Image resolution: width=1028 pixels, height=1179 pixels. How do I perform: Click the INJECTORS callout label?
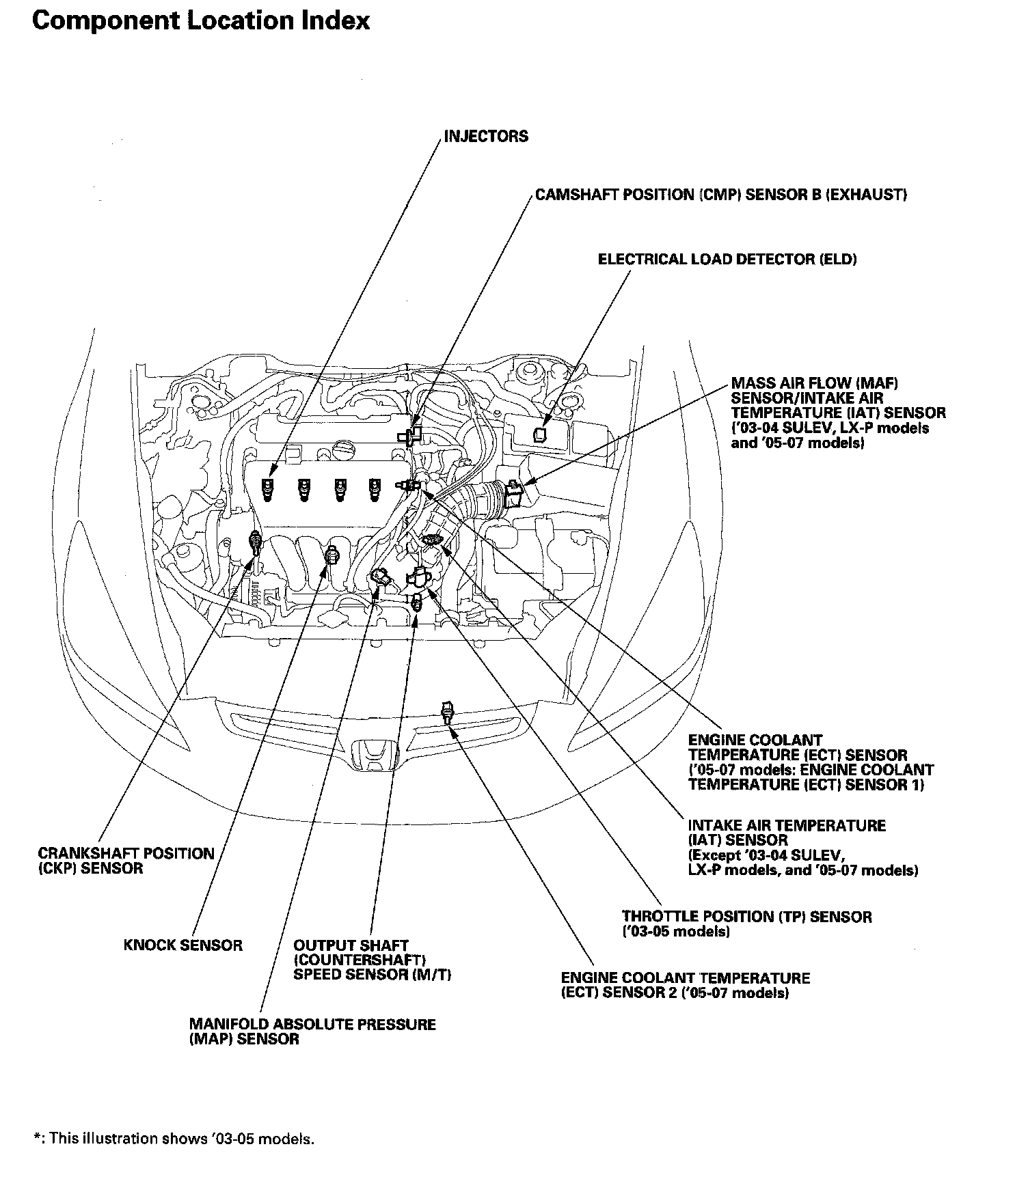click(x=485, y=137)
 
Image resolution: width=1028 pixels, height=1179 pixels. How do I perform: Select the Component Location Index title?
click(x=201, y=21)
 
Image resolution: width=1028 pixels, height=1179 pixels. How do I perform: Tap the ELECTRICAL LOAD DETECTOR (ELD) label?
click(x=727, y=260)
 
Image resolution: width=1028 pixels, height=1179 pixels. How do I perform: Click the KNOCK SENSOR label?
click(x=183, y=946)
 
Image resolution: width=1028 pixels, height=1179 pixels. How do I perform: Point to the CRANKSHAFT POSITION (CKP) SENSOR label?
click(x=126, y=861)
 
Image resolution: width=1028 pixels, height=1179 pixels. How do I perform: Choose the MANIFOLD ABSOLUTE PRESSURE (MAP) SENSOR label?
click(x=312, y=1032)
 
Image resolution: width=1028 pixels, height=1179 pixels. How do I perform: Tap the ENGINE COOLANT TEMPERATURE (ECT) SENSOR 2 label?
click(x=685, y=986)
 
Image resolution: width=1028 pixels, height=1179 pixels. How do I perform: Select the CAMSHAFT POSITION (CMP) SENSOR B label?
click(x=720, y=195)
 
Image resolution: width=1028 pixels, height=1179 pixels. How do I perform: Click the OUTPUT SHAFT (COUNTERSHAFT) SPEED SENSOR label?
click(x=372, y=960)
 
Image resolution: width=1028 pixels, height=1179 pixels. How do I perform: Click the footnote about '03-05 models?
click(x=174, y=1139)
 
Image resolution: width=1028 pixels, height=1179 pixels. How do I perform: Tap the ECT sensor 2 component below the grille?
click(x=448, y=712)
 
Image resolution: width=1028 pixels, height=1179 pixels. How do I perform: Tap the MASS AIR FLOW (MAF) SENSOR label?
click(x=837, y=413)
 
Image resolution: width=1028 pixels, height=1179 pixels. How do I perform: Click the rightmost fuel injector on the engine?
click(x=373, y=489)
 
